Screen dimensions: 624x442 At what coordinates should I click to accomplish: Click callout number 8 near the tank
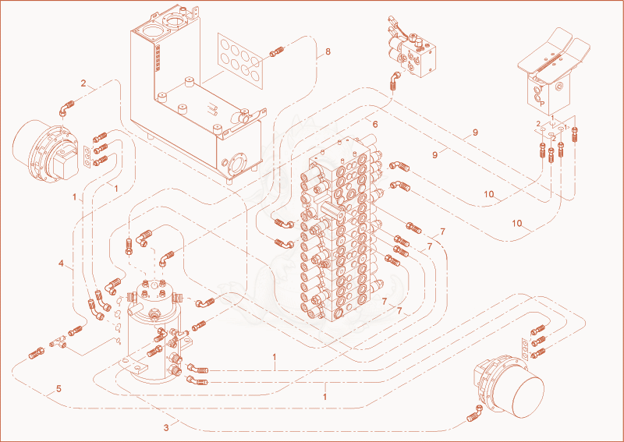pos(328,51)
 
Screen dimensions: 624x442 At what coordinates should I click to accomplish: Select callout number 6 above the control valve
pos(375,124)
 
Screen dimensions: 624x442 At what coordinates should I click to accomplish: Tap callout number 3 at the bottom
pos(166,428)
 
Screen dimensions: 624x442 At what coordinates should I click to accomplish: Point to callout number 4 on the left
pos(61,263)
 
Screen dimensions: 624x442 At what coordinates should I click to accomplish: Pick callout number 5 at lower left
pos(58,389)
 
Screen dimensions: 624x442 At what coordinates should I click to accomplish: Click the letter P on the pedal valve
pos(541,104)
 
